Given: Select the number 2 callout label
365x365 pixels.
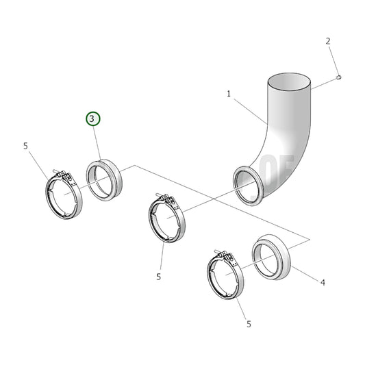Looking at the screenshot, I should coord(328,41).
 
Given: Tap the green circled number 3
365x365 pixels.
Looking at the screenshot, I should coord(93,119).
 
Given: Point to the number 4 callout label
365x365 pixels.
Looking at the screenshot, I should coord(322,281).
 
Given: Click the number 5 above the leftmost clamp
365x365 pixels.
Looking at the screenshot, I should coord(25,146).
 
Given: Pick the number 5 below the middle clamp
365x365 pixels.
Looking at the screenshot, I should coord(158,277).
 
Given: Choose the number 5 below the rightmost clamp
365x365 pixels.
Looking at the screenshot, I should coord(248,324).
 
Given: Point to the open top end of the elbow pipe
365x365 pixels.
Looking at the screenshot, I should coord(288,83).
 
